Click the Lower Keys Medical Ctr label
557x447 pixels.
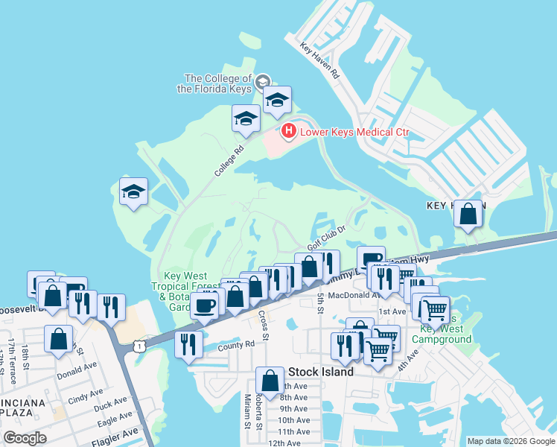coord(354,133)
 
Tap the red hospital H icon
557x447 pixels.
coord(288,133)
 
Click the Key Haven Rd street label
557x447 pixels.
coord(319,60)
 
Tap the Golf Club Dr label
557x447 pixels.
coord(328,238)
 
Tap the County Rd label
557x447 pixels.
coord(236,346)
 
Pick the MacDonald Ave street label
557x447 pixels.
coord(350,295)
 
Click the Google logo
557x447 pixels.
coord(25,437)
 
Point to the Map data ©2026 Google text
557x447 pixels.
coord(510,441)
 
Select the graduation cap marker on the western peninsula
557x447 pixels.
coord(134,192)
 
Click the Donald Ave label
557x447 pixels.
coord(77,367)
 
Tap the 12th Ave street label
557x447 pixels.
coord(284,443)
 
